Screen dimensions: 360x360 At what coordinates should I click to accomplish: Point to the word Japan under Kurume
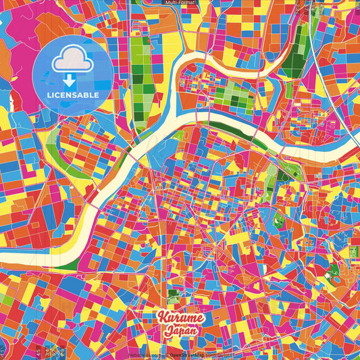(x=180, y=332)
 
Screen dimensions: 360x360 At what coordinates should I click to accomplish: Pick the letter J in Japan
(x=167, y=332)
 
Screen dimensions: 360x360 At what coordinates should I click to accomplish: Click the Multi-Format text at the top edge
(x=180, y=3)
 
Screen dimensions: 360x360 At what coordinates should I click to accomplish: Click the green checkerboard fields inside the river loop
(x=233, y=95)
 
